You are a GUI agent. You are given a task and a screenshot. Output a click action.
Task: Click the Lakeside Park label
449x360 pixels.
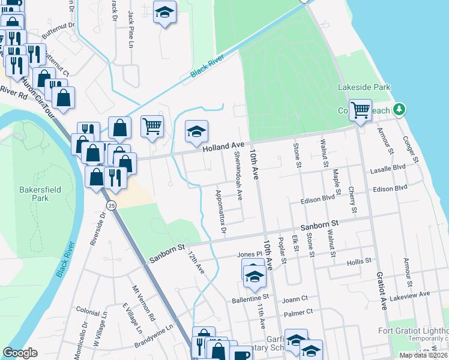364,88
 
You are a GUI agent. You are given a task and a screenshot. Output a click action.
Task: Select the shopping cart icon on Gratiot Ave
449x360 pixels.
360,110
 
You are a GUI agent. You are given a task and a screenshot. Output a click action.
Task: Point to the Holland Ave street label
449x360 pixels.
224,146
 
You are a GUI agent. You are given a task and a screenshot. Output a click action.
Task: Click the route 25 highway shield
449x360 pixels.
111,206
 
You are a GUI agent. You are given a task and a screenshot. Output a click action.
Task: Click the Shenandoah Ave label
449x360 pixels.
238,175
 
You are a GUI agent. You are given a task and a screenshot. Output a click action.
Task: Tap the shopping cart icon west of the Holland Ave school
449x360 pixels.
152,126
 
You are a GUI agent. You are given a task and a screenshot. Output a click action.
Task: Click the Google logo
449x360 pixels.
20,353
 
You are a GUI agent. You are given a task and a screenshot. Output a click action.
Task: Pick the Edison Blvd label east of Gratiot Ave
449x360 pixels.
390,189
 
